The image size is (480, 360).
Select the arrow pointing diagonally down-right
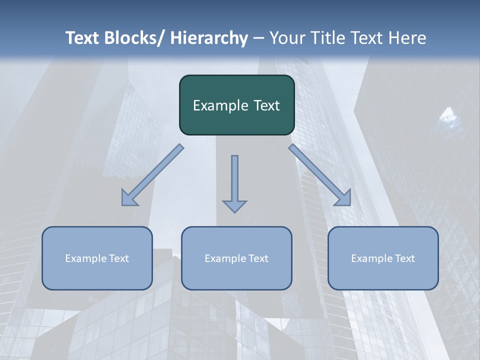(x=320, y=175)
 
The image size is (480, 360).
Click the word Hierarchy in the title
(x=209, y=38)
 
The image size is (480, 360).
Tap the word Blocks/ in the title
(x=134, y=38)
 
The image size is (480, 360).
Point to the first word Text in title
(x=82, y=38)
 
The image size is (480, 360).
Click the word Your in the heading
(x=285, y=38)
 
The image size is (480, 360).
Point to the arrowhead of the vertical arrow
(x=234, y=205)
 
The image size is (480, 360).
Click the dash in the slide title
(x=258, y=38)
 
